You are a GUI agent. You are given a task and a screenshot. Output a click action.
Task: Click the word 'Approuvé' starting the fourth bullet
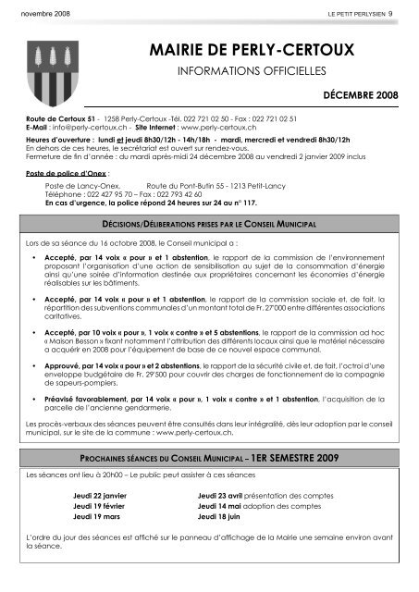click(x=61, y=367)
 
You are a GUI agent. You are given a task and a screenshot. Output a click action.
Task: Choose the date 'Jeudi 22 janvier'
click(x=102, y=497)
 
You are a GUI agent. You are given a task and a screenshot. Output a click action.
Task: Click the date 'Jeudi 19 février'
click(x=101, y=508)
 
